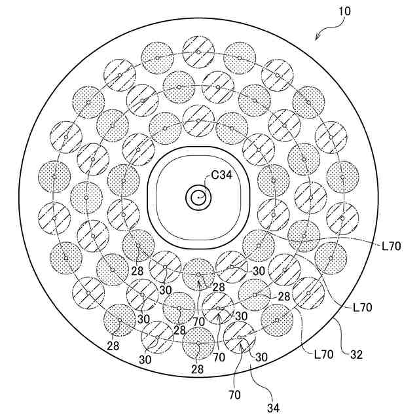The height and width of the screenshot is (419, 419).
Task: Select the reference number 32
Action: [356, 355]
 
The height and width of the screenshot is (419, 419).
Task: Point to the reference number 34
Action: [272, 407]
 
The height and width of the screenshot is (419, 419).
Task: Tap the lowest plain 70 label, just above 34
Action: [234, 395]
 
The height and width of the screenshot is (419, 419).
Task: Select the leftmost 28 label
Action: [113, 345]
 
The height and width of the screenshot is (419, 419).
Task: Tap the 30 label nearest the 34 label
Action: [261, 357]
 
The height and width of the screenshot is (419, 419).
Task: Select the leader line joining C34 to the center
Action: [204, 185]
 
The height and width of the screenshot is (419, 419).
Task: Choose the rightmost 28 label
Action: [283, 297]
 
